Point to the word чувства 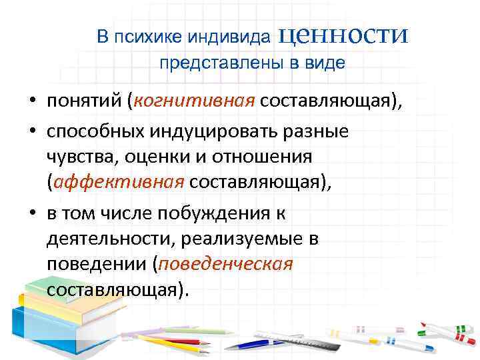click(76, 156)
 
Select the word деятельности click(98, 238)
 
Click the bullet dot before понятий click(31, 101)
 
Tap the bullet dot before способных click(31, 131)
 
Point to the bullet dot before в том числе click(31, 213)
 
